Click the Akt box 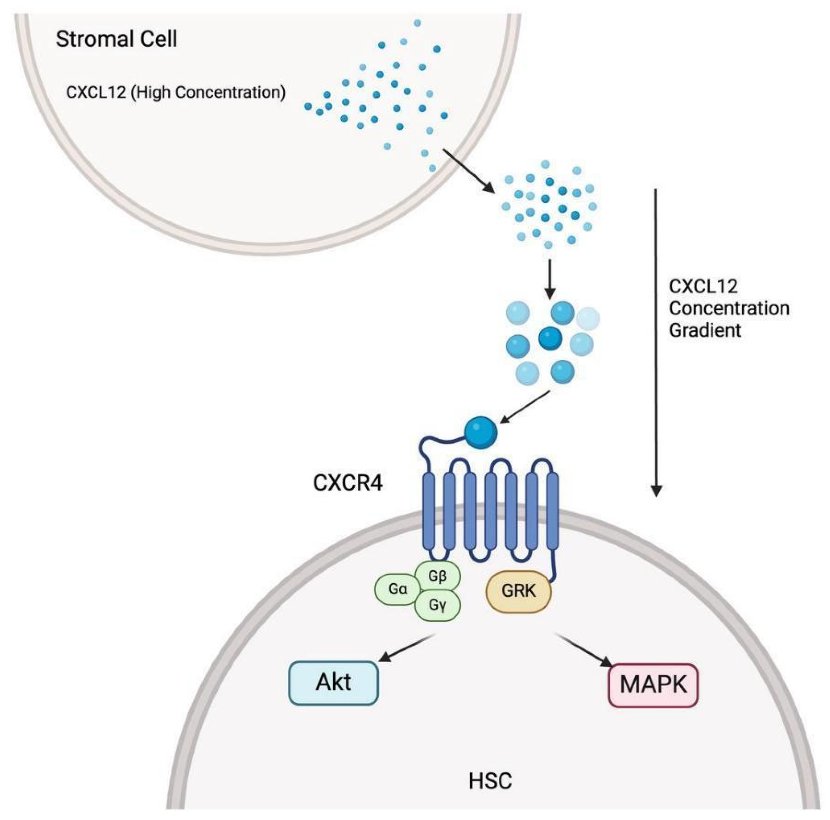click(x=333, y=683)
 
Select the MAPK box click(x=653, y=685)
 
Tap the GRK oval click(x=518, y=591)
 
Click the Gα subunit click(x=397, y=590)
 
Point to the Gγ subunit click(x=437, y=605)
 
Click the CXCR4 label click(x=348, y=483)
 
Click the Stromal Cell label click(x=116, y=40)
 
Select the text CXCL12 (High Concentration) click(x=176, y=92)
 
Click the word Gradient click(x=705, y=330)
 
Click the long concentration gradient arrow click(x=656, y=344)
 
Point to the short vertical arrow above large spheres click(x=549, y=278)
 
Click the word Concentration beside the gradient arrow click(x=729, y=308)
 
